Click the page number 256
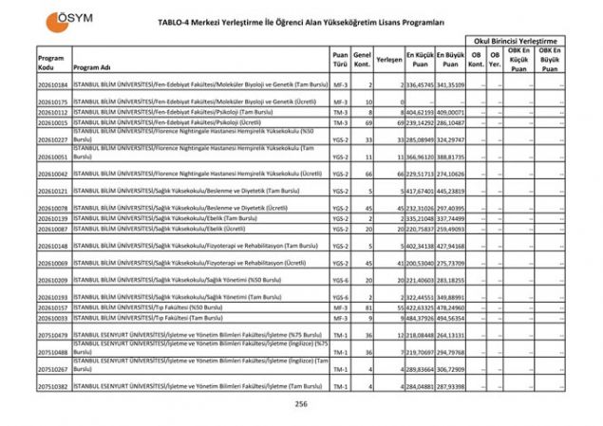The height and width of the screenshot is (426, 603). [301, 403]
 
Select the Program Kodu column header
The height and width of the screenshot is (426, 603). [51, 62]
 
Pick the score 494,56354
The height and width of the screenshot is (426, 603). [451, 318]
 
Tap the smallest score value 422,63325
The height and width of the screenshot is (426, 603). [421, 307]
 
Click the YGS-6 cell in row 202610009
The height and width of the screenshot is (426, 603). [341, 281]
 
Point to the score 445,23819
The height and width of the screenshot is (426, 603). [451, 191]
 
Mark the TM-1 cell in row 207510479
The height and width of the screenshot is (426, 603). [341, 335]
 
